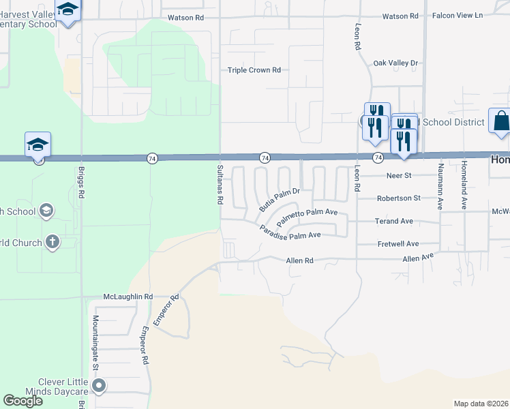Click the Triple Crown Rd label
[x=254, y=70]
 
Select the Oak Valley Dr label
[x=395, y=63]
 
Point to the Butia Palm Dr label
[x=280, y=199]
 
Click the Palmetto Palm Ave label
[x=307, y=217]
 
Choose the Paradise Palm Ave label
[x=290, y=231]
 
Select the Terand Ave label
[x=394, y=221]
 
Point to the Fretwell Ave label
[x=397, y=243]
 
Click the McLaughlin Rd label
[x=128, y=297]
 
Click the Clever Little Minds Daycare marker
[x=99, y=387]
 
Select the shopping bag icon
[x=500, y=121]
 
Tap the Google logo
[x=23, y=401]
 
